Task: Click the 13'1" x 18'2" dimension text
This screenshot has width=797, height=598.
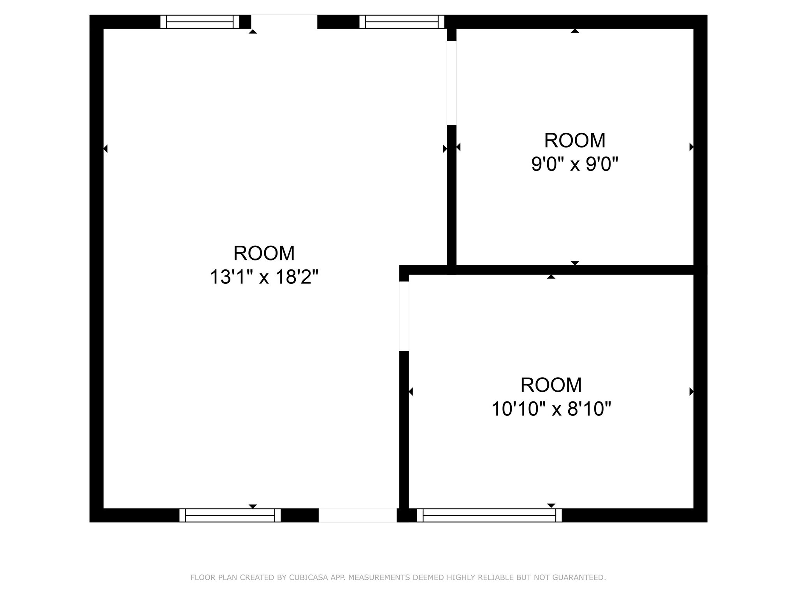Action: point(264,277)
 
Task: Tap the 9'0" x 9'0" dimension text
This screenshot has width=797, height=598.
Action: point(575,164)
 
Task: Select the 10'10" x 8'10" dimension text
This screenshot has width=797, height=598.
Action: point(551,409)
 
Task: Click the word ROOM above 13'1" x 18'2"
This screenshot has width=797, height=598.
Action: point(264,253)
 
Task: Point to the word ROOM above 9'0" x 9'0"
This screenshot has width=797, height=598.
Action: point(575,140)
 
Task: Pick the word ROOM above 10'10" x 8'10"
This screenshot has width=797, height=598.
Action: point(551,385)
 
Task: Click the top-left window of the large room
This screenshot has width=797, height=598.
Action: point(200,22)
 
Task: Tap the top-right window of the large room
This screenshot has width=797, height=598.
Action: point(402,22)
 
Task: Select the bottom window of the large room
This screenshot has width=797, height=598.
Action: point(230,515)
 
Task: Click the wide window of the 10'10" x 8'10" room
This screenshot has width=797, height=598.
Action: point(489,515)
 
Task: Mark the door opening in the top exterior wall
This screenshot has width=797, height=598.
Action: point(284,22)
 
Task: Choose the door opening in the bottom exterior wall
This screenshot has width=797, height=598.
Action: point(358,515)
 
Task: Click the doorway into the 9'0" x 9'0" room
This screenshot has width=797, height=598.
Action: point(451,83)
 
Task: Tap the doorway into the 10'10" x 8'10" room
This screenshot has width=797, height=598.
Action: point(404,316)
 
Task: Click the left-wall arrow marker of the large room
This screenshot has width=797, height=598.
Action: point(105,148)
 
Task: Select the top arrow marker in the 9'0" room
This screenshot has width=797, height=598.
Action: point(575,31)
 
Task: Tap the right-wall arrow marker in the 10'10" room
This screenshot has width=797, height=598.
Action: point(692,392)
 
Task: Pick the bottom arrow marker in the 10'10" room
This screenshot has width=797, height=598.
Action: point(551,505)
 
